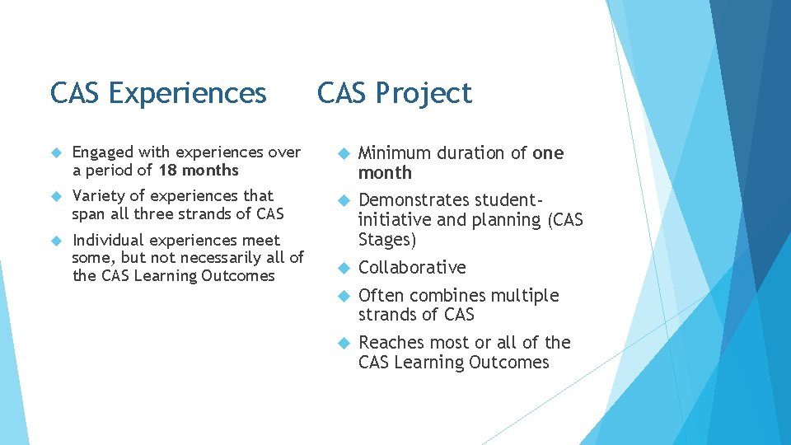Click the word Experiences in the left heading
tap(187, 93)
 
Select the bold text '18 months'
tap(199, 171)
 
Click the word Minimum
tap(395, 153)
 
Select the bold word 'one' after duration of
tap(548, 153)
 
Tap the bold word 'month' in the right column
tap(385, 173)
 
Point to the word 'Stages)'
tap(387, 240)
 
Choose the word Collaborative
tap(412, 268)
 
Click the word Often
tap(378, 295)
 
